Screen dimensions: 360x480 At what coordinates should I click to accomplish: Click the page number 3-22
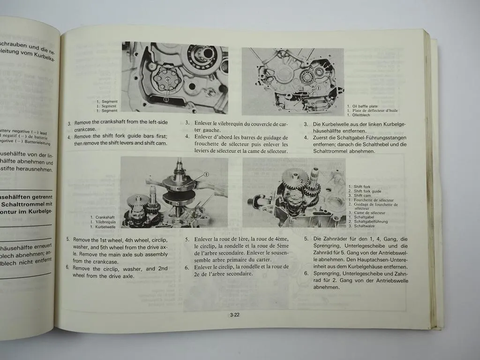tap(235, 315)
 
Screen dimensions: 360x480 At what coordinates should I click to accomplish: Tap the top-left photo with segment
tap(175, 78)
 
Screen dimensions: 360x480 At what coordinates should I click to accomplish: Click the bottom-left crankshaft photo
tap(174, 192)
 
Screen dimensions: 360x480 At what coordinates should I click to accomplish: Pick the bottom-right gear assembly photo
tap(294, 193)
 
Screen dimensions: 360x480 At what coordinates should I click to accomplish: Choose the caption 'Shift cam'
tap(362, 195)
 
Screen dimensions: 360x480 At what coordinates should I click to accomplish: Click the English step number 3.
tap(69, 124)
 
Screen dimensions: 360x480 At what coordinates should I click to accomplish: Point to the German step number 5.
tap(306, 239)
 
